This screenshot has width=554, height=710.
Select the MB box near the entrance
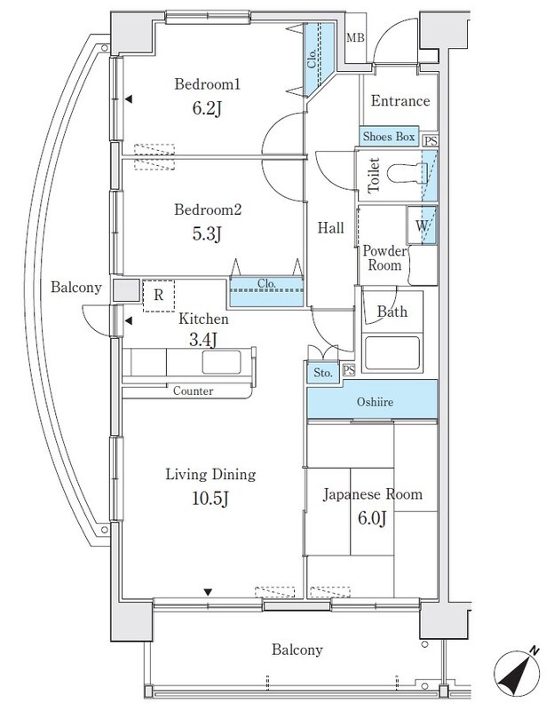coord(355,37)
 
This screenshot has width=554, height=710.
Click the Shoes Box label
coord(389,137)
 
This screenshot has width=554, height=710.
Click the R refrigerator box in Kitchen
coord(158,296)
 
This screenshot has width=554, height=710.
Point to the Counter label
coord(193,390)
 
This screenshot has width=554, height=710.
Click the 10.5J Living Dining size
coord(209,498)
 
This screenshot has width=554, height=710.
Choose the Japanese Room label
coord(372,494)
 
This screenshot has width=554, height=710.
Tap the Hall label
coord(330,228)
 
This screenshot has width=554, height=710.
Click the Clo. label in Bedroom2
coord(267,285)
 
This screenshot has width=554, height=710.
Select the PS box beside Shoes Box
coord(430,140)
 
